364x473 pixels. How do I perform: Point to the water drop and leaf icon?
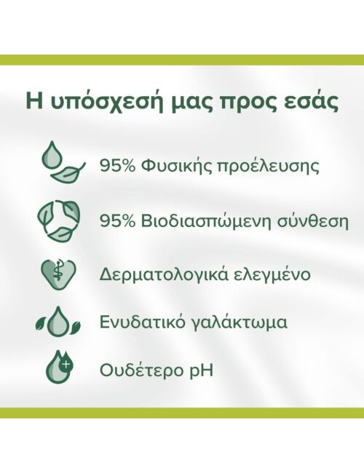tap(63, 162)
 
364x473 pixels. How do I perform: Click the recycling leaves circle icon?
tap(59, 220)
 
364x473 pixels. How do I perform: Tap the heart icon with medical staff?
tap(58, 274)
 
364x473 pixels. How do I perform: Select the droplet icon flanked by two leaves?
tap(58, 322)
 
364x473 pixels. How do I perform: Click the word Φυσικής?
tap(175, 167)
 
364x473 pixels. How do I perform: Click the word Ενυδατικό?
tap(142, 322)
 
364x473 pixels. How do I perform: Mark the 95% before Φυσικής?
tap(117, 166)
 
